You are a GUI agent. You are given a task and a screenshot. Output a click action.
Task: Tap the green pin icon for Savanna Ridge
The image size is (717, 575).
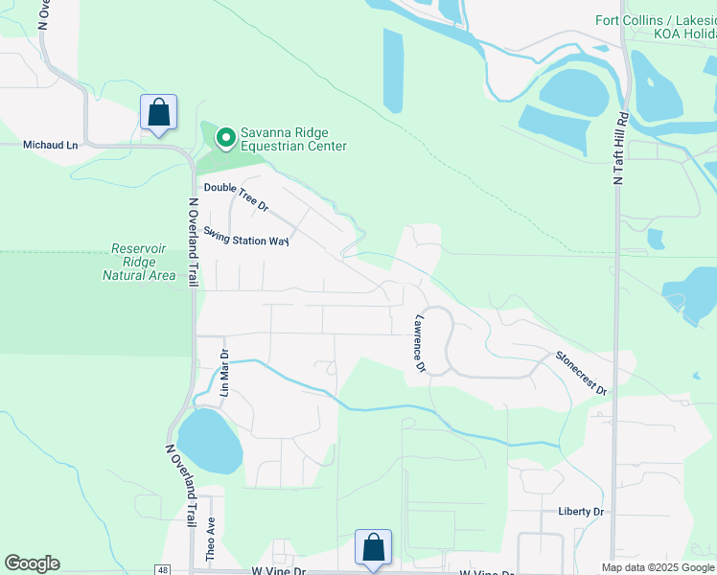pos(225,139)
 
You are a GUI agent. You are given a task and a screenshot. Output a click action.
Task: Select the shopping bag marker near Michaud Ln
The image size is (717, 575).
pos(158,112)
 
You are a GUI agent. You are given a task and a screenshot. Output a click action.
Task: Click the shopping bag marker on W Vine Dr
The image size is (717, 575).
pos(373,548)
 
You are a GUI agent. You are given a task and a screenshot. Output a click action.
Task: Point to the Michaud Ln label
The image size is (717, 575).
pos(50,145)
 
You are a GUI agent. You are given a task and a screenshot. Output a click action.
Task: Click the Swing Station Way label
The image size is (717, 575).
pos(246,236)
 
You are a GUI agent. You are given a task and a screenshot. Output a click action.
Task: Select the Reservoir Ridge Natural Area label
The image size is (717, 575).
pos(139,262)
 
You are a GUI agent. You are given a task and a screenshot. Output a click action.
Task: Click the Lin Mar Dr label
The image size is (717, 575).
pos(225,373)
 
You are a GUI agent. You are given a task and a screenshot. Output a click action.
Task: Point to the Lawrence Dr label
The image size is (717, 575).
pos(419,342)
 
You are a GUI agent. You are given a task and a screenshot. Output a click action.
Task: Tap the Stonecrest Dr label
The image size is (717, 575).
pos(581,373)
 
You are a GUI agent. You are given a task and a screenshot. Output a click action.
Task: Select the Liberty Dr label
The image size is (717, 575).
pos(581,512)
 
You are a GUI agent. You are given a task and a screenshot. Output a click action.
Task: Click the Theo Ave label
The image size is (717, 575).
pos(212,539)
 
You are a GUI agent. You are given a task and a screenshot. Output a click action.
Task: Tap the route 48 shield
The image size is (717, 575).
pos(162,569)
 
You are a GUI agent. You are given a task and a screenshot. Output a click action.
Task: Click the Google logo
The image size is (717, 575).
pos(32,563)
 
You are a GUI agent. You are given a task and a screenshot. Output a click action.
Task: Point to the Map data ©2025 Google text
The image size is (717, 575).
pos(658,567)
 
